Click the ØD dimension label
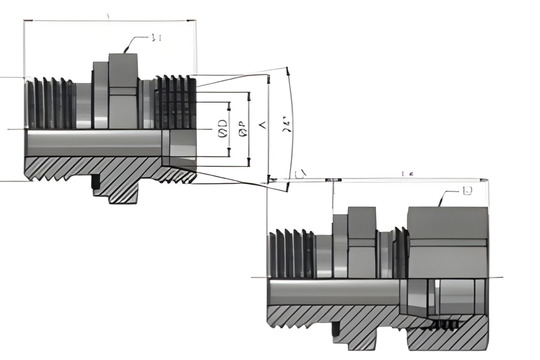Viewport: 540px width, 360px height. point(220,127)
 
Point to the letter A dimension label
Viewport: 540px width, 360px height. point(261,125)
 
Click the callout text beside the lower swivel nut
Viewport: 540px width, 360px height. point(467,190)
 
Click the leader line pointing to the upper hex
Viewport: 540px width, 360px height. point(134,45)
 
